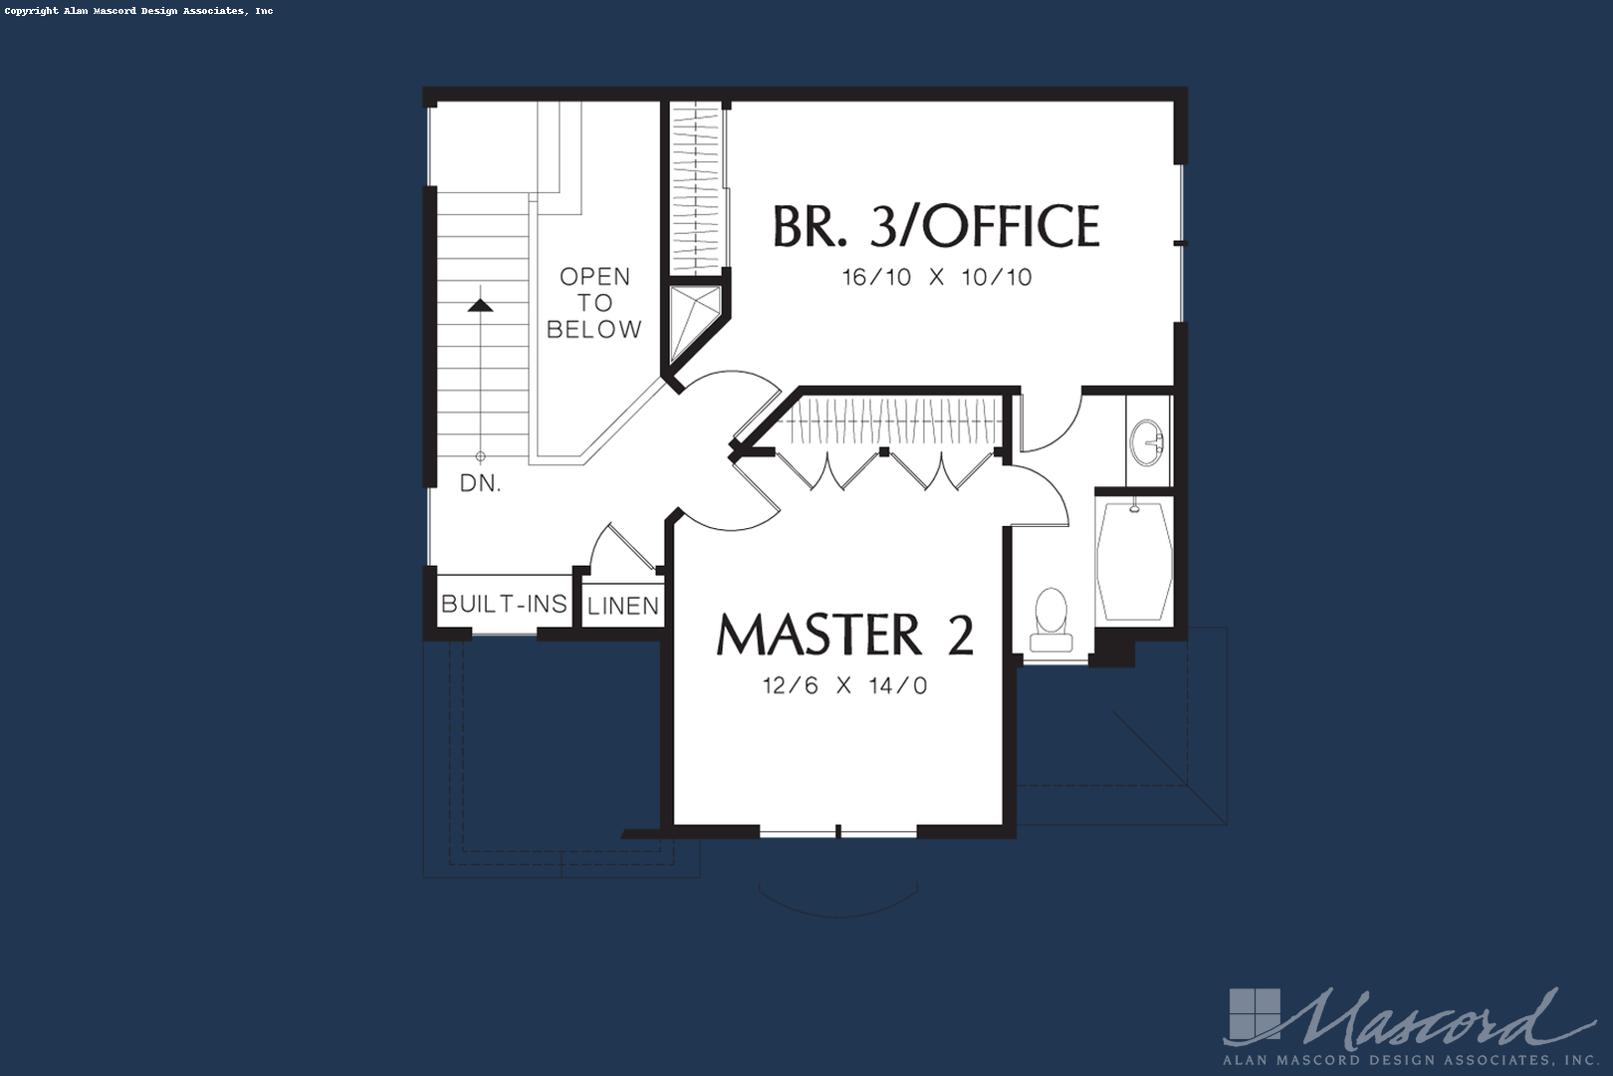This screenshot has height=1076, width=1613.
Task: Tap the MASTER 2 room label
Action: click(x=845, y=635)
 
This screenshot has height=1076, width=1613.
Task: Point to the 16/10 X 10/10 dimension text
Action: click(x=937, y=277)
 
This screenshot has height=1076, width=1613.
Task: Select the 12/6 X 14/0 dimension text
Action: click(x=844, y=685)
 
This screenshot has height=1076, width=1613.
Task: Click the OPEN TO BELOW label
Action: click(x=594, y=303)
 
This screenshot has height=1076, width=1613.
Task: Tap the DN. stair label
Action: click(x=480, y=483)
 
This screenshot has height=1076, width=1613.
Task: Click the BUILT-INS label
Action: click(x=504, y=604)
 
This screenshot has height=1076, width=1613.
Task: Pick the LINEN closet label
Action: click(x=623, y=606)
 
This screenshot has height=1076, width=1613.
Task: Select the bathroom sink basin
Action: click(x=1146, y=441)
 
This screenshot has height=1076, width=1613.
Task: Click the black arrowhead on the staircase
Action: click(x=480, y=305)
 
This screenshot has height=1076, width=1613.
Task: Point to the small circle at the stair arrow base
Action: click(x=480, y=456)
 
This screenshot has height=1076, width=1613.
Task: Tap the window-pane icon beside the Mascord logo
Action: click(x=1255, y=1015)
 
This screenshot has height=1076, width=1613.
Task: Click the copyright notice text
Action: click(x=139, y=11)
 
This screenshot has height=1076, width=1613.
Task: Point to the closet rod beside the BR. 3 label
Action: click(x=696, y=188)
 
